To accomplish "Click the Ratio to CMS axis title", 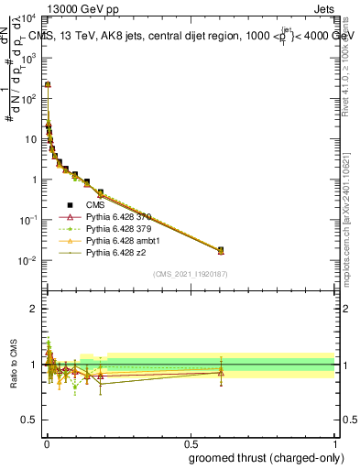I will [x=14, y=364].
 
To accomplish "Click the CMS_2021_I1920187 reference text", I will [x=190, y=275].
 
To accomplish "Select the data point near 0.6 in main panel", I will [x=221, y=250].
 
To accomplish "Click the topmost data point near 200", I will [x=48, y=84].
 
